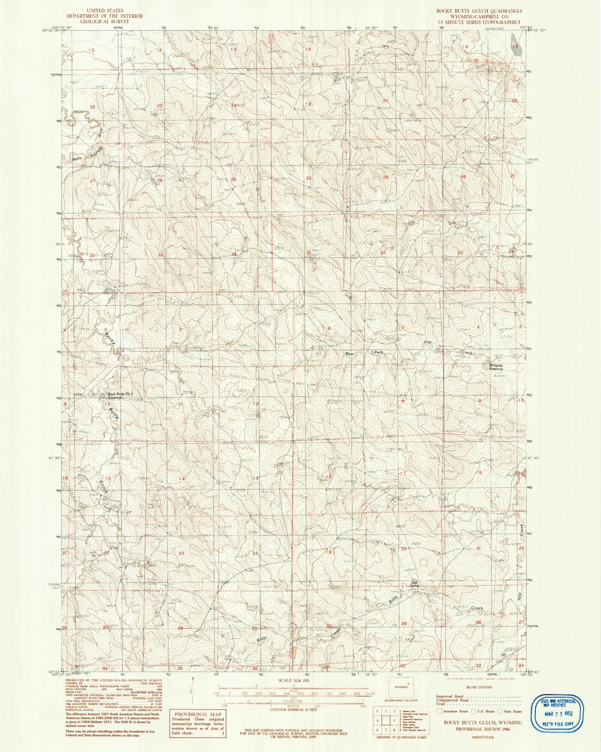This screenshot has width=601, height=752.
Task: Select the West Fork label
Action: pos(364,353)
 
